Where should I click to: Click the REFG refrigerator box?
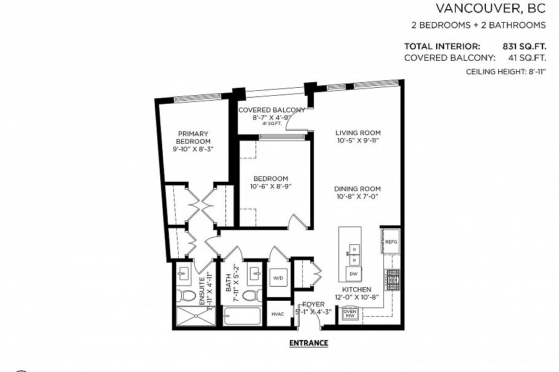tap(391, 241)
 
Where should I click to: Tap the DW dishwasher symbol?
tap(353, 273)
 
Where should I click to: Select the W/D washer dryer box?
tap(278, 278)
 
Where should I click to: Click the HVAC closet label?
tap(278, 314)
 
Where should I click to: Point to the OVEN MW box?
tap(350, 314)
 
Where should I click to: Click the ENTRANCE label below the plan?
tap(308, 343)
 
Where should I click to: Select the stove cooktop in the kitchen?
tap(391, 281)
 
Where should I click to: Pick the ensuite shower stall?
tap(192, 317)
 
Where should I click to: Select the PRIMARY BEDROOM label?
tap(193, 138)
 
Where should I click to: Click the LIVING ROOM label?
tap(358, 133)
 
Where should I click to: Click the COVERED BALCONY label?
tap(272, 110)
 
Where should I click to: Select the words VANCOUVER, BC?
tap(491, 9)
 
